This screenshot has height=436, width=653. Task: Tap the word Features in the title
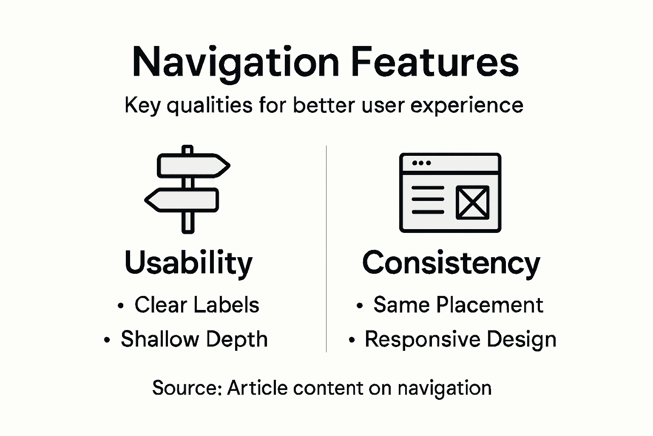(434, 62)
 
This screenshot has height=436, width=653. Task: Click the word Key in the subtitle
(142, 105)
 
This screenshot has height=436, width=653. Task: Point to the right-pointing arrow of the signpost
(194, 165)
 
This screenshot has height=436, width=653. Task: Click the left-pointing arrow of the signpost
(182, 200)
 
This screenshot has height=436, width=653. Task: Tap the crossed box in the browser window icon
(472, 202)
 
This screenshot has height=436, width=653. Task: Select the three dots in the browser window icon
(421, 163)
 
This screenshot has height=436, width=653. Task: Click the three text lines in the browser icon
(428, 200)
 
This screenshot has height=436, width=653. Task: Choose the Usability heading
(188, 263)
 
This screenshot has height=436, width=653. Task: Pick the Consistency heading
(451, 263)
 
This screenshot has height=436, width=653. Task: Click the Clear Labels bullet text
(197, 305)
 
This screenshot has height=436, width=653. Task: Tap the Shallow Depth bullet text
(194, 339)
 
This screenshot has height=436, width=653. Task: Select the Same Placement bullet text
(458, 305)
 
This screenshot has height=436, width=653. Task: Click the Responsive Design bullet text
(460, 339)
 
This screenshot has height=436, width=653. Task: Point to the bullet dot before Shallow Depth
(107, 340)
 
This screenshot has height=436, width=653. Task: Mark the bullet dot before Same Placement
(360, 306)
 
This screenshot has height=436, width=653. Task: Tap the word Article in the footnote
(258, 388)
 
